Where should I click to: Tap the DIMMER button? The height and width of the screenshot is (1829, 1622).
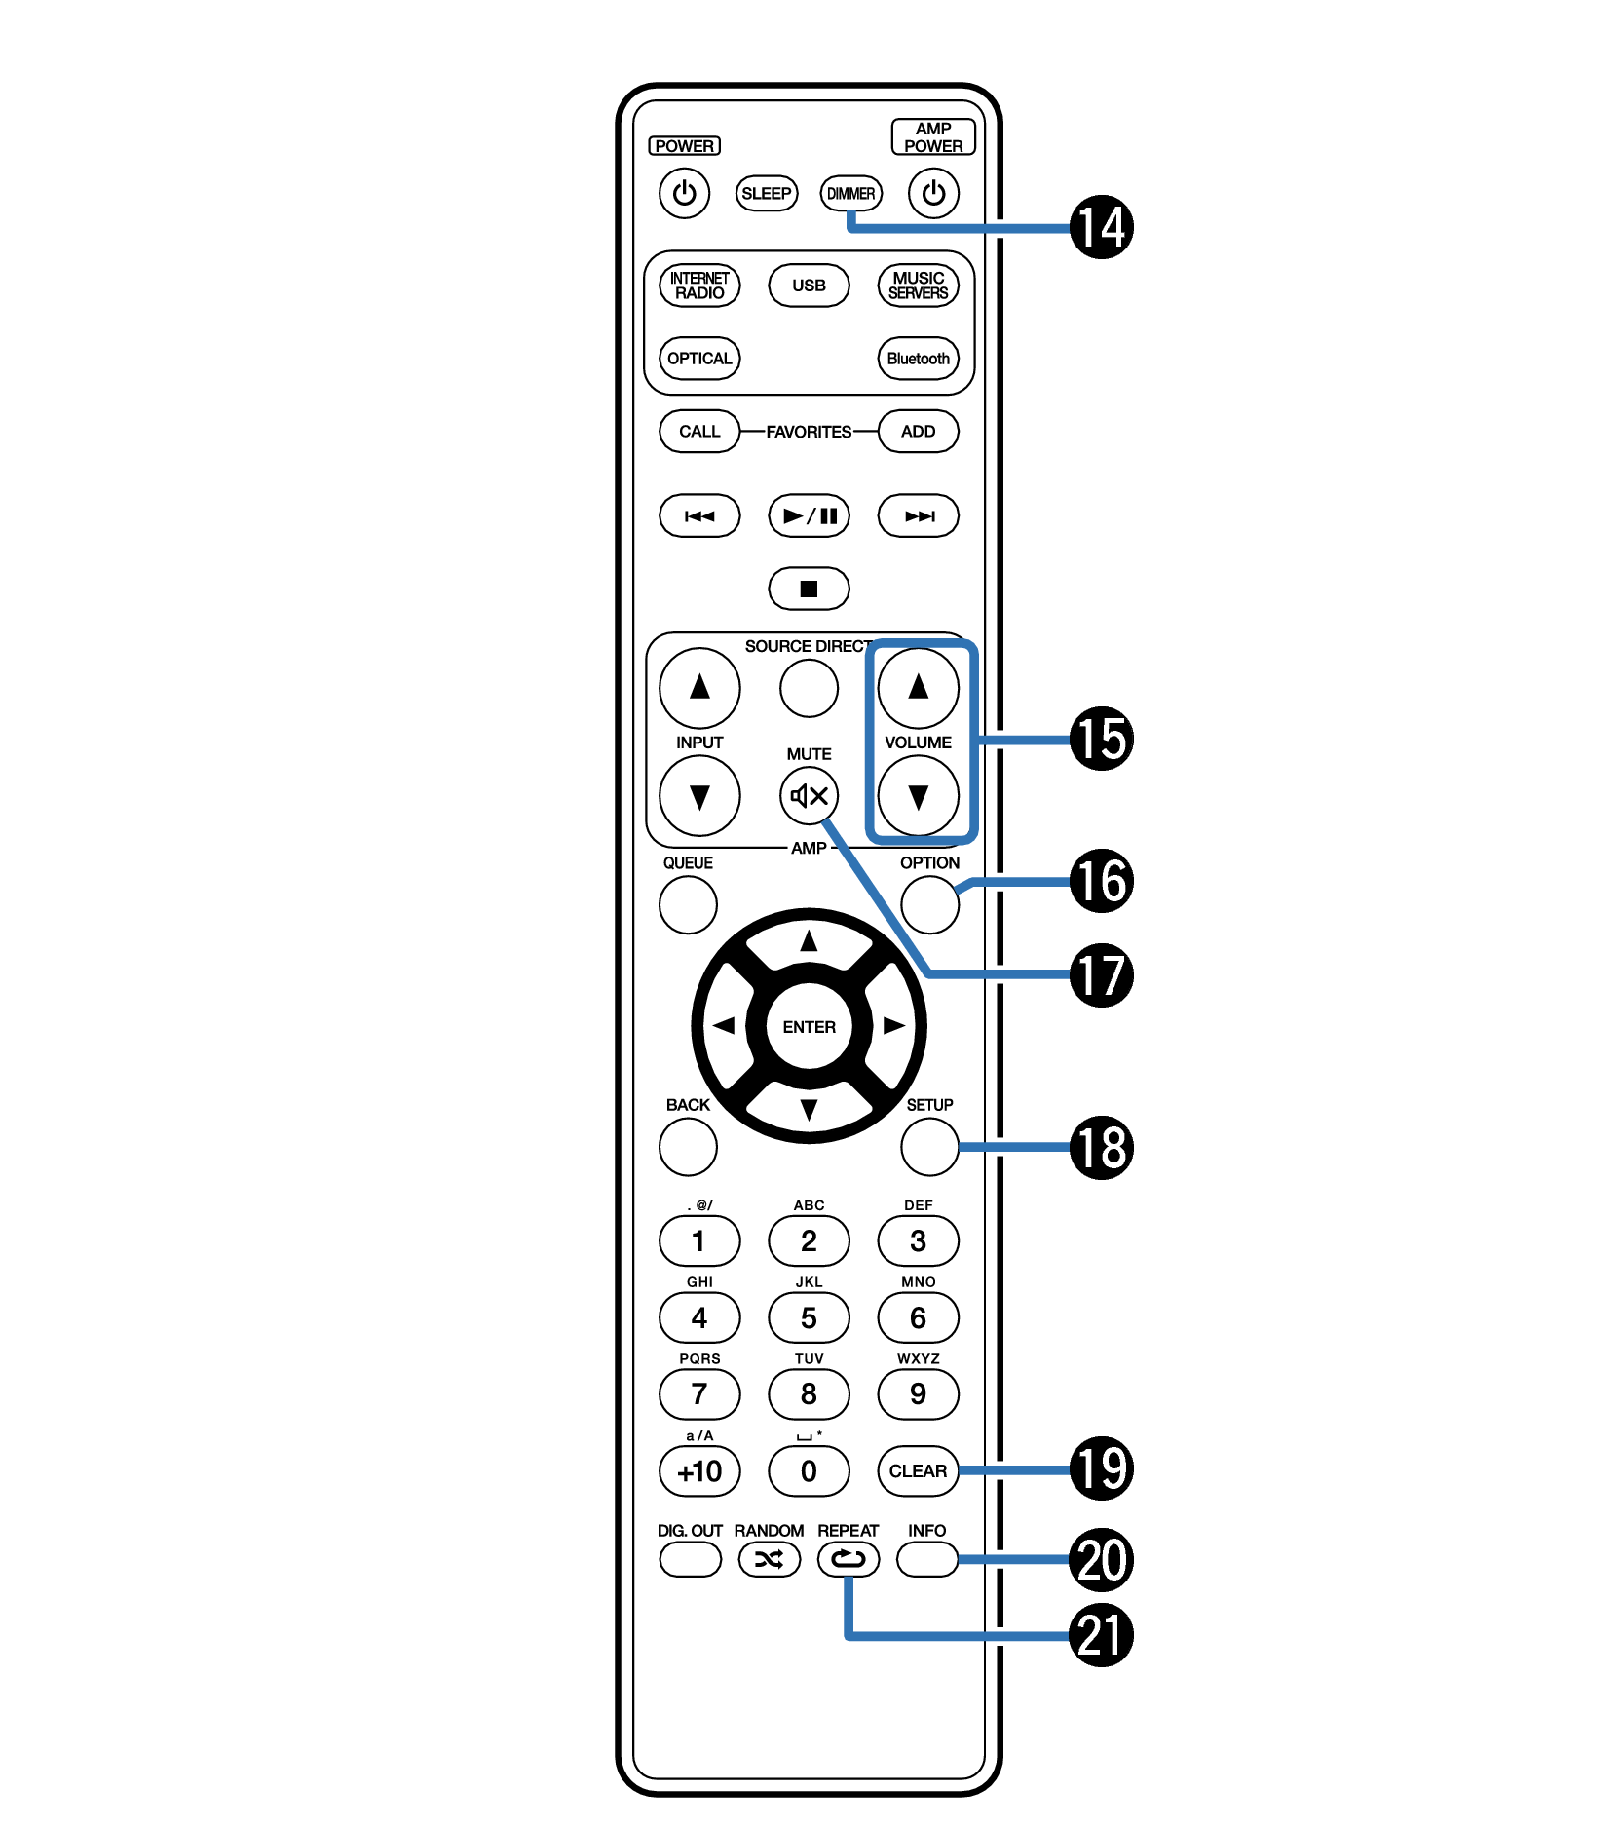tap(850, 193)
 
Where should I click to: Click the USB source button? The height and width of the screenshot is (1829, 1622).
tap(809, 286)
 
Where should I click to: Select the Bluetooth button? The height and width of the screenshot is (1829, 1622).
tap(918, 359)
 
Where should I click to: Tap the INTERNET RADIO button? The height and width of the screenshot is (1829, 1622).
tap(699, 286)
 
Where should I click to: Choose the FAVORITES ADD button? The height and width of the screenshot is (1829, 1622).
tap(918, 432)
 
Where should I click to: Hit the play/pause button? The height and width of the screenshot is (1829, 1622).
tap(809, 515)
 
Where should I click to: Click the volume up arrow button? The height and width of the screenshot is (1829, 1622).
tap(918, 688)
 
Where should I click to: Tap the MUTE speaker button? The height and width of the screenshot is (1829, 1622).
tap(809, 796)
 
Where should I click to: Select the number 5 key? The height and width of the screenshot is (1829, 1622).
tap(809, 1317)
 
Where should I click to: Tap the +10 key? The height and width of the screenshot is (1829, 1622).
tap(699, 1470)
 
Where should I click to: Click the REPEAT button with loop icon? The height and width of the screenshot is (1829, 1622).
tap(848, 1559)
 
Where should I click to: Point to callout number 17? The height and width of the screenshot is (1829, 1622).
tap(1101, 974)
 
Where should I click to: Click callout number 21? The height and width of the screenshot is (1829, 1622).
tap(1101, 1635)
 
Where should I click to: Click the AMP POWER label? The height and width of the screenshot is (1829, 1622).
tap(932, 137)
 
